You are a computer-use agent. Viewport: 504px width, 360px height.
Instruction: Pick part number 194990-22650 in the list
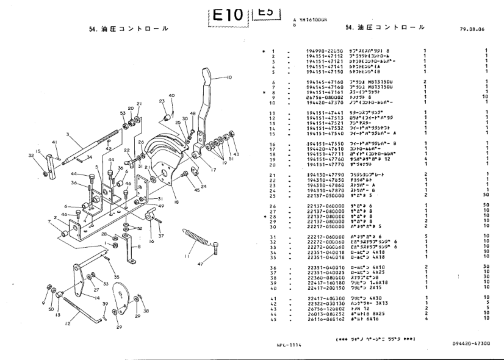tap(325, 51)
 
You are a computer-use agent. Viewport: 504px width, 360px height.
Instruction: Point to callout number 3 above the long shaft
tap(68, 134)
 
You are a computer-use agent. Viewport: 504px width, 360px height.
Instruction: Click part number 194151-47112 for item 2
tap(325, 56)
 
